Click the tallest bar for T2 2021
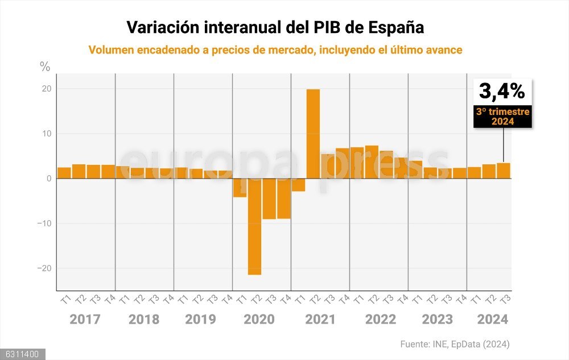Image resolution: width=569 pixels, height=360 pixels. [313, 134]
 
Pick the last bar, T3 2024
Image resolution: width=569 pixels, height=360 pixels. [504, 171]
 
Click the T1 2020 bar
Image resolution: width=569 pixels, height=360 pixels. [240, 188]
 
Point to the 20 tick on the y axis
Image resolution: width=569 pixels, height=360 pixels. [46, 89]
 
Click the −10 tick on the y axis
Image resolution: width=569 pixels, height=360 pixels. [44, 224]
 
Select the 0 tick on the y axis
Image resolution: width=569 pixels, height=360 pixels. [48, 179]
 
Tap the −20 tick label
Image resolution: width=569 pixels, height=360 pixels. [44, 268]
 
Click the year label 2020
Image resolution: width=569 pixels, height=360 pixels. [259, 319]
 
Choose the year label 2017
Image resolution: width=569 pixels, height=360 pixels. [85, 319]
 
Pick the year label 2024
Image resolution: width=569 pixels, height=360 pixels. [493, 319]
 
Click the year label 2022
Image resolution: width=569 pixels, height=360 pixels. [380, 319]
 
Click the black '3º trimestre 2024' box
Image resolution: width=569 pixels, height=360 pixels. [503, 116]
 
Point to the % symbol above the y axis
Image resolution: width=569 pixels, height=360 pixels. [45, 67]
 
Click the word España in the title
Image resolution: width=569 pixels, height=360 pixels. [396, 27]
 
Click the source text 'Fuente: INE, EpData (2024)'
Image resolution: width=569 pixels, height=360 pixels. [455, 344]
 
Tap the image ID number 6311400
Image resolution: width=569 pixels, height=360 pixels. [22, 354]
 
